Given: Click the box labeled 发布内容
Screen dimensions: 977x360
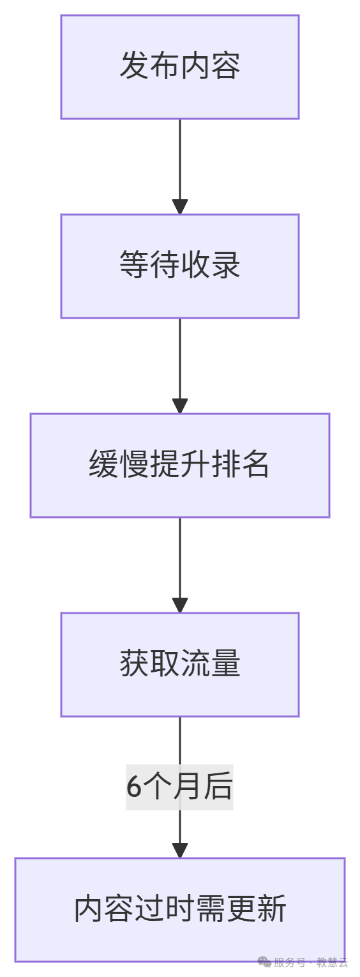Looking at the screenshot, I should click(x=179, y=67).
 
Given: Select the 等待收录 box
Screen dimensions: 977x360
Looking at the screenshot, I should click(x=179, y=266).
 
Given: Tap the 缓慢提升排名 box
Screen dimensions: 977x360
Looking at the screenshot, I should click(x=179, y=465).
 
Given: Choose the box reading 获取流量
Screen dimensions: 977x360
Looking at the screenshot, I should click(x=179, y=664).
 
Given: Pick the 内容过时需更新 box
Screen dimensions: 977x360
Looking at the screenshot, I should click(x=179, y=909).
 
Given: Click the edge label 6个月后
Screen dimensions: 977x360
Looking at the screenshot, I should click(x=179, y=787).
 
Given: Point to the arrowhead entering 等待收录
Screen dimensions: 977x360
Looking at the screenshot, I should click(x=180, y=206).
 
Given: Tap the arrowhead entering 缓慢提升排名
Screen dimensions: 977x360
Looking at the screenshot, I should click(x=180, y=405).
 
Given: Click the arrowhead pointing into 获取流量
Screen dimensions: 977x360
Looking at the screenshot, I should click(x=180, y=605).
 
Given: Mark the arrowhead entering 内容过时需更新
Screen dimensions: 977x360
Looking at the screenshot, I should click(x=180, y=850).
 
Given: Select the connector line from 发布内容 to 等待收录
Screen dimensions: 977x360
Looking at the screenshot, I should click(x=180, y=160).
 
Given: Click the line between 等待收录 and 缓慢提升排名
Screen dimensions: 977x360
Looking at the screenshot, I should click(x=180, y=358).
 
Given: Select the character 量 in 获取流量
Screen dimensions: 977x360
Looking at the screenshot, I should click(x=225, y=664).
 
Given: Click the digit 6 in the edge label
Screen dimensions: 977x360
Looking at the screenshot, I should click(x=133, y=787).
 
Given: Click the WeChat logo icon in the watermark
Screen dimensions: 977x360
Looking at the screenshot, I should click(x=264, y=962).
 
